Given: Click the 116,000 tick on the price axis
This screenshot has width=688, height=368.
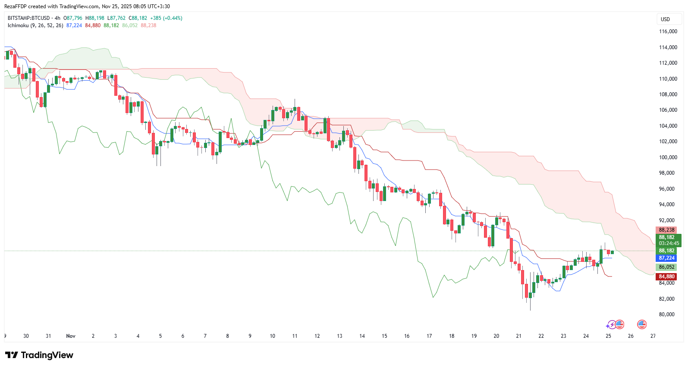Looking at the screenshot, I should point(668,31).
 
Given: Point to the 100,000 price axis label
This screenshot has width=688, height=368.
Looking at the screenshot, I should point(668,157).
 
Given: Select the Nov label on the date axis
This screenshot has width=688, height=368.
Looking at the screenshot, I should point(71,336).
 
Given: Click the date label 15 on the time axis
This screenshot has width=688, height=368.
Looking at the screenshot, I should point(384,336).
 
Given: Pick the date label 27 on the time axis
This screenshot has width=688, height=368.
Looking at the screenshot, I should point(653,336).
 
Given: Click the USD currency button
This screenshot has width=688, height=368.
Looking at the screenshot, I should point(665,19).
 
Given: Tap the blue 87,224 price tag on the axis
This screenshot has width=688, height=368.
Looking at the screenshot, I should point(666,258).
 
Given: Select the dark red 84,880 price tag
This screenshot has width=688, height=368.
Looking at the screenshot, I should point(666,277).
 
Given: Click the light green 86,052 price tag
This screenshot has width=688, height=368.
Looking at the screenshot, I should point(666,267).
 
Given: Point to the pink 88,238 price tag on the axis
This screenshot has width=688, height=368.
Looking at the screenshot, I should point(666,230).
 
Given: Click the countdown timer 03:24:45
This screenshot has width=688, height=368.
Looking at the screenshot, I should point(669,243).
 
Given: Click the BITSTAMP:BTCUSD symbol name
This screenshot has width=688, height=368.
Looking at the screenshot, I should point(28,18).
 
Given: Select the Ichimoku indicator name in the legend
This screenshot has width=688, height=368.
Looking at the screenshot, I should point(18,25).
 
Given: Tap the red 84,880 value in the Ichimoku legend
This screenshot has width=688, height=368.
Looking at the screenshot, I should point(93,25).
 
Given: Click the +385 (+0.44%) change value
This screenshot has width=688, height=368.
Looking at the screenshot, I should point(166,18).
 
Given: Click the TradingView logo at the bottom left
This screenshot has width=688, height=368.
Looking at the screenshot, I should point(39,355).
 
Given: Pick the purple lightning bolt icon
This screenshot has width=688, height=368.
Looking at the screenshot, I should point(612,325).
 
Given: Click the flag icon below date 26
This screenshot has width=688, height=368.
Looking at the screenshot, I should point(641,324).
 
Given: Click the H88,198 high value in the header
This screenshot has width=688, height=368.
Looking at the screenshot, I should point(95,18).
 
